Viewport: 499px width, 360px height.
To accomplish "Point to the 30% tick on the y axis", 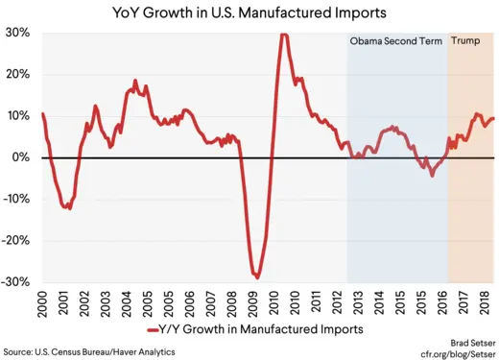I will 18,33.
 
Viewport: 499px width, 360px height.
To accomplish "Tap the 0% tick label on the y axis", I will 22,157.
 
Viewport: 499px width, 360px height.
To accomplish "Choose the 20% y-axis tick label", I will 18,74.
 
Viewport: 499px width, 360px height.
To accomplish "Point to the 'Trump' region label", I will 466,42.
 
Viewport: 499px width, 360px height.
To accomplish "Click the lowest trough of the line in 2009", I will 256,276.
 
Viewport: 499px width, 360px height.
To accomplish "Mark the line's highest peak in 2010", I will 283,35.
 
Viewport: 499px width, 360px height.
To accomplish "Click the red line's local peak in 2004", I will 135,82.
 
